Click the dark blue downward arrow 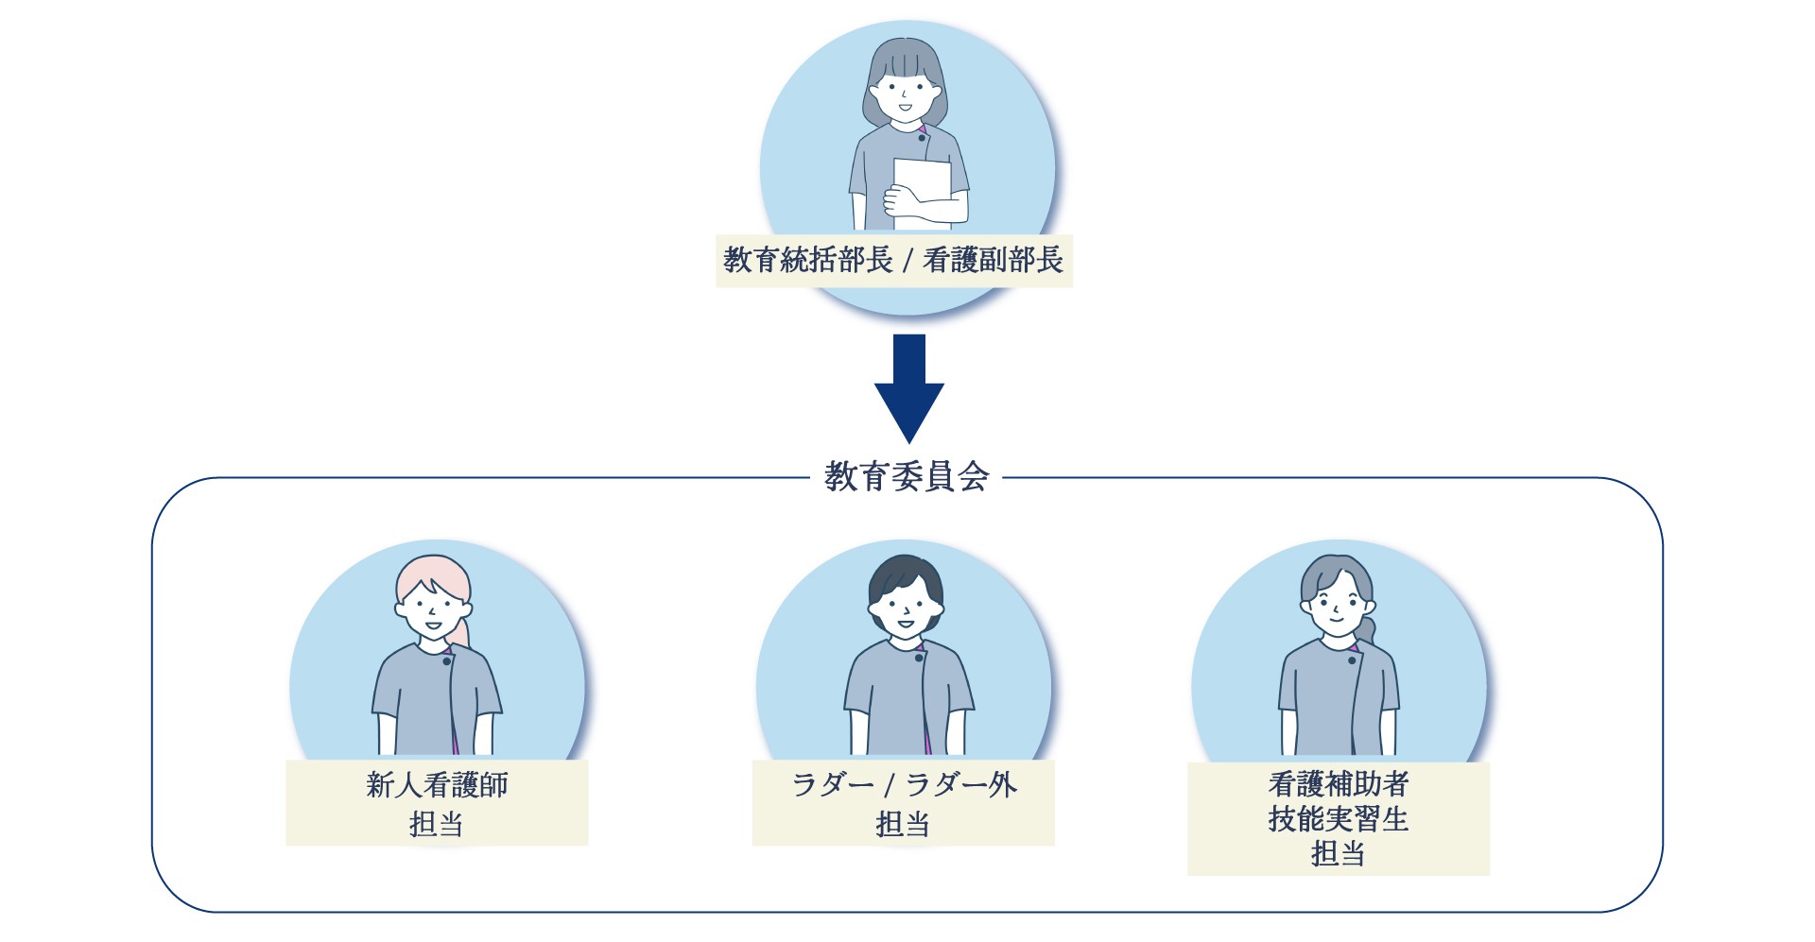(908, 387)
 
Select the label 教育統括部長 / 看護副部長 (893, 260)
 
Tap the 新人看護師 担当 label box (437, 803)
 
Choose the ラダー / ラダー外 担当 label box (903, 803)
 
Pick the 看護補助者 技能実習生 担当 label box (1339, 818)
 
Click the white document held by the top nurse (922, 194)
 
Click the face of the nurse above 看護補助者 (1336, 609)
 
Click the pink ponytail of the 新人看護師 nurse (460, 631)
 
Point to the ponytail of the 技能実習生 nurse (1368, 627)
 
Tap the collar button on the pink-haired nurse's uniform (447, 660)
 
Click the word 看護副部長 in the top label (993, 260)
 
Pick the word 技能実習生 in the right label (1339, 818)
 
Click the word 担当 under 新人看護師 (437, 824)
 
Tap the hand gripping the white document (903, 199)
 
